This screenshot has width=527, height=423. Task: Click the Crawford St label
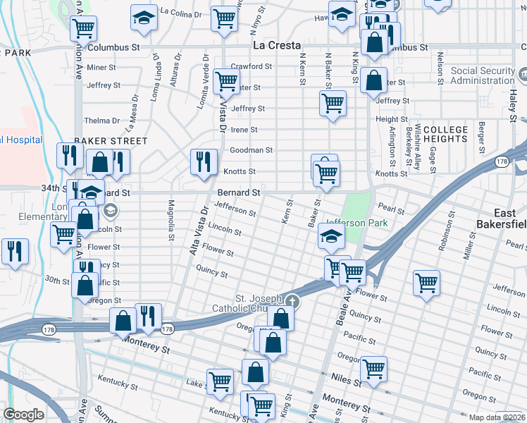[252, 66]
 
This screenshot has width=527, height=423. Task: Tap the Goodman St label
[252, 150]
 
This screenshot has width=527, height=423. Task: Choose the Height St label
[392, 119]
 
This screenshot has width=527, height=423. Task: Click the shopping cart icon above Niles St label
[373, 367]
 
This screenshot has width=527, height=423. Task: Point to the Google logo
[23, 415]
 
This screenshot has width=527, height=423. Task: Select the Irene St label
[244, 130]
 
